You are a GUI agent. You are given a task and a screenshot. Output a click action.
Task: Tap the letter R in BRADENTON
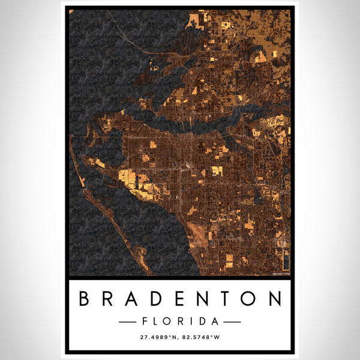[x=109, y=299]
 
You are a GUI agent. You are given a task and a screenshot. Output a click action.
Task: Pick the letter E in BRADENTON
[x=180, y=299]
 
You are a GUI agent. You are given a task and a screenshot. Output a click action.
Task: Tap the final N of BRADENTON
[x=274, y=299]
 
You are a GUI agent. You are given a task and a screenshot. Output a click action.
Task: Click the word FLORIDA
[x=180, y=322]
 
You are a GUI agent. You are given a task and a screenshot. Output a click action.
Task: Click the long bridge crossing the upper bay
[x=129, y=36]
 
